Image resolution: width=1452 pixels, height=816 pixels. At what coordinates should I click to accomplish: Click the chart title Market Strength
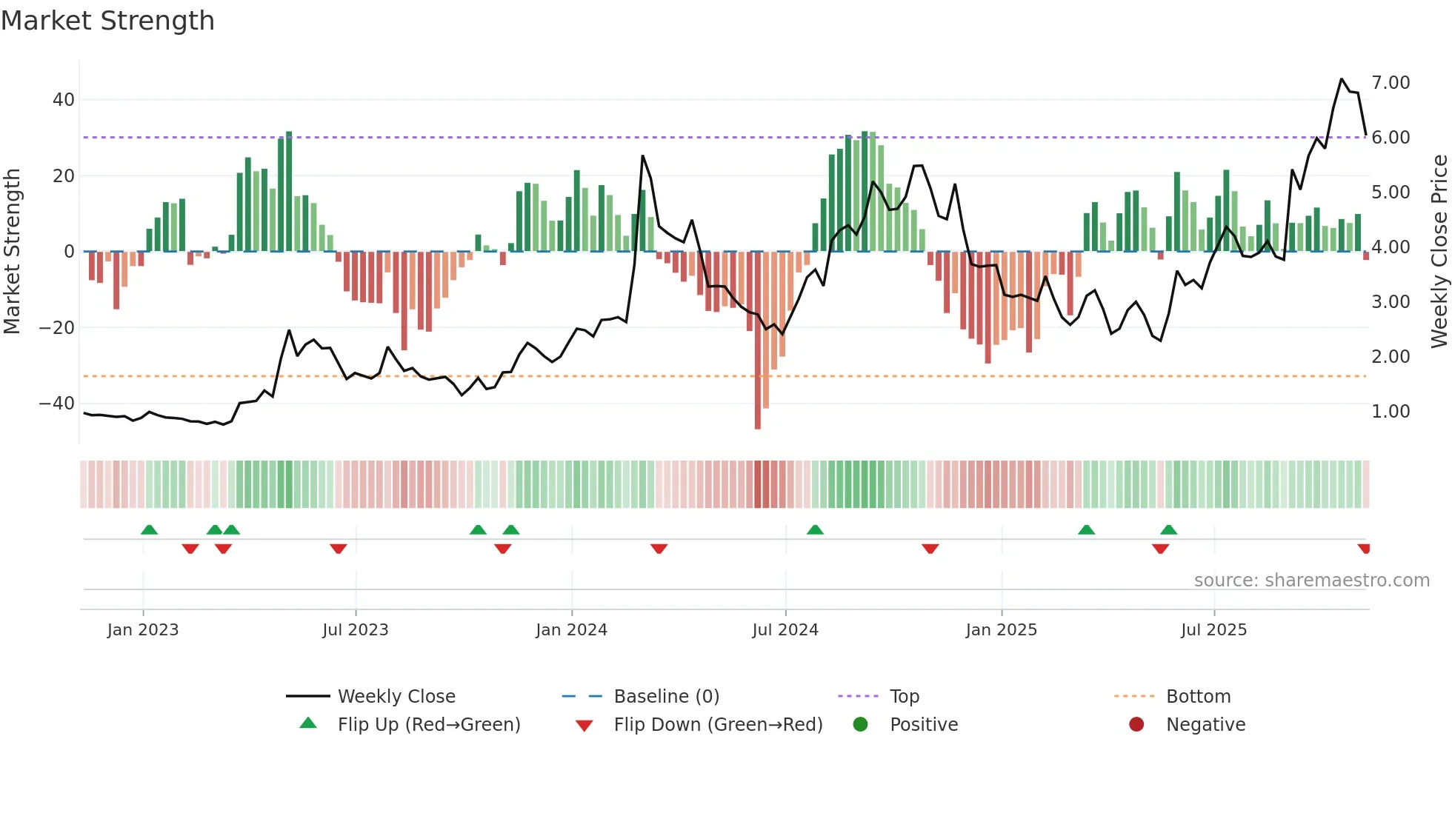(107, 21)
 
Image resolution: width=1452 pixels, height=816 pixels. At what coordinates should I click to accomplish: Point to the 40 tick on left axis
(64, 100)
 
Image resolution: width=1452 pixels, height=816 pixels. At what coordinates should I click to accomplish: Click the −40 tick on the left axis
(57, 404)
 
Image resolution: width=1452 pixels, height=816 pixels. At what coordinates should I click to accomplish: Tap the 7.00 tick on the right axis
(1391, 83)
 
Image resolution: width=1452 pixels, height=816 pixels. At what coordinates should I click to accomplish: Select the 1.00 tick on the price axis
(1391, 412)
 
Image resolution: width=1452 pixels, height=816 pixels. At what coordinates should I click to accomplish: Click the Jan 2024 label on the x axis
(571, 630)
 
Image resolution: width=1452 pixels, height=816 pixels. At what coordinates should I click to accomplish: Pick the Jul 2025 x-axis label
(1213, 630)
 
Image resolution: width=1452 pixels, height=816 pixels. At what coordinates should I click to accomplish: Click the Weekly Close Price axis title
(1439, 252)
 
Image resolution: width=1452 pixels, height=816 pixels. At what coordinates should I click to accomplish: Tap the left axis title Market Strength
(13, 252)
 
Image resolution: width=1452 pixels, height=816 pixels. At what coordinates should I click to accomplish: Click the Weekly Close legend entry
(396, 697)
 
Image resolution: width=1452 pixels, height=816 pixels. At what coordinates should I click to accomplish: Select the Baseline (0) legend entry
(666, 697)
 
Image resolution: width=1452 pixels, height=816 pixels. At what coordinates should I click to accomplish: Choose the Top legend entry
(904, 697)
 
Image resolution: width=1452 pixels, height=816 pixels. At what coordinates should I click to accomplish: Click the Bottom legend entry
(1198, 697)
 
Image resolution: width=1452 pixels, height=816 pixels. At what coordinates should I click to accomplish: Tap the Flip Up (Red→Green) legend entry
(429, 725)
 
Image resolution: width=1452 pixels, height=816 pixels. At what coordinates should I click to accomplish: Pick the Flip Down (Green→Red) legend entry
(718, 725)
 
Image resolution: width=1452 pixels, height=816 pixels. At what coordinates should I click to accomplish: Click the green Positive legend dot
(860, 725)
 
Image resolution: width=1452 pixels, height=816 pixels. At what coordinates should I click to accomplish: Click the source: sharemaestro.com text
(1311, 581)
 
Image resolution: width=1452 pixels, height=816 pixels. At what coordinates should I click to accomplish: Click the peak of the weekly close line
(1342, 79)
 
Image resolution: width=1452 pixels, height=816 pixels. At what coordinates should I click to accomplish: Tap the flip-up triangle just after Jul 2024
(815, 529)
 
